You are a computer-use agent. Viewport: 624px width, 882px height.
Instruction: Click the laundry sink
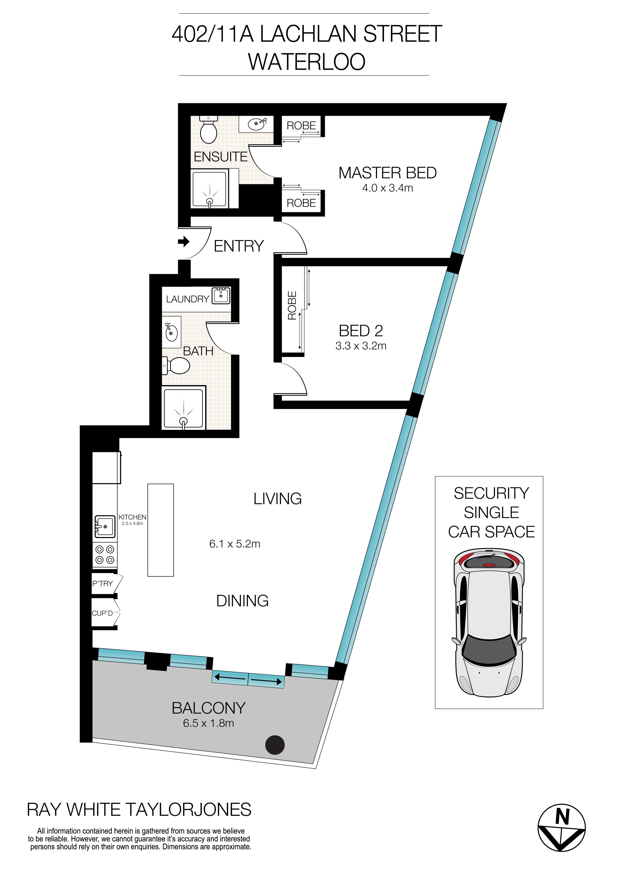click(x=221, y=296)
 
